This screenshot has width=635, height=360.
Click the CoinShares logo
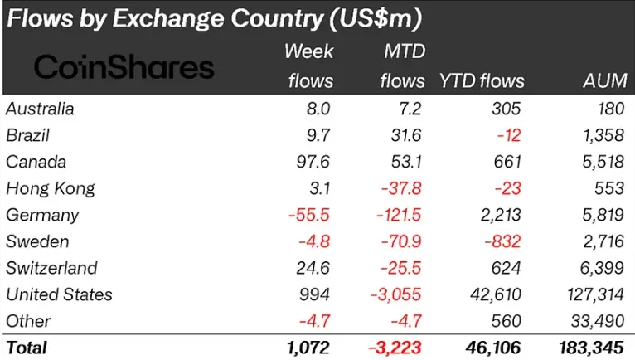(x=123, y=67)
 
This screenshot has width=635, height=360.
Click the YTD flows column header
(x=482, y=80)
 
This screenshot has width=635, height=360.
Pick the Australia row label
(x=39, y=109)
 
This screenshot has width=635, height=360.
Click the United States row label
(x=58, y=294)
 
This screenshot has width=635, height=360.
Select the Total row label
(x=27, y=348)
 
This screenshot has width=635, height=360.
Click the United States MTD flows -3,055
(x=399, y=294)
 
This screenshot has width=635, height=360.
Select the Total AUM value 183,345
(x=590, y=348)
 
